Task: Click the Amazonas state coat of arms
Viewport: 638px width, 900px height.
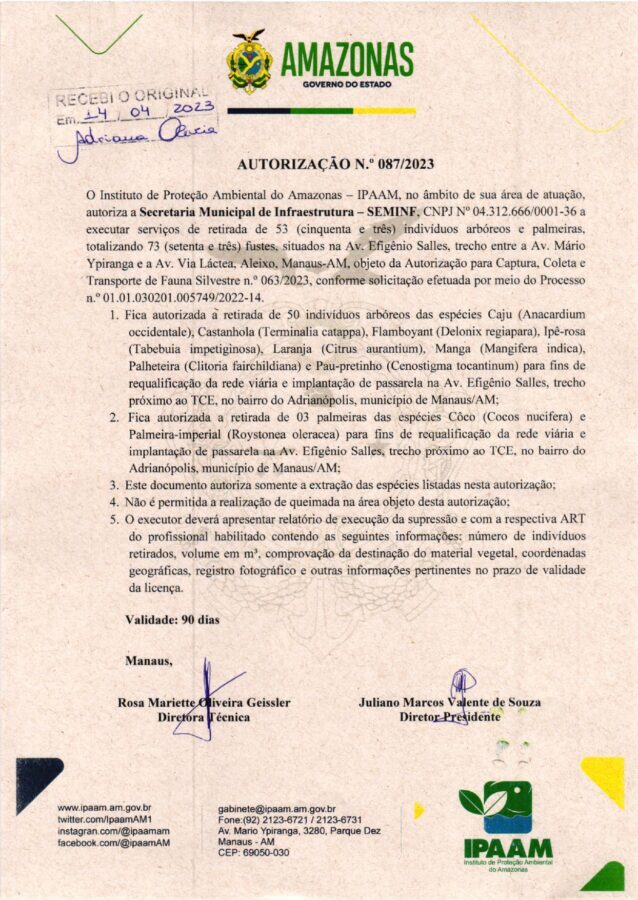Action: pos(249,63)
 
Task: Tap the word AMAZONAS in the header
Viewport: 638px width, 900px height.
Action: pos(347,58)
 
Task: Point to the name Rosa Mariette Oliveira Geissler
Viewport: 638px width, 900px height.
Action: pos(204,702)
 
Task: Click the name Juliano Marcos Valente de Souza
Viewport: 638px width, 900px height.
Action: pos(449,702)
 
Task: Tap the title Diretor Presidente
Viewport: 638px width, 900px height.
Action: pos(449,718)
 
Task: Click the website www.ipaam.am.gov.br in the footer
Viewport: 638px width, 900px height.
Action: pos(104,807)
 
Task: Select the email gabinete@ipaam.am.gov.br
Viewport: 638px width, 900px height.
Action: pos(276,808)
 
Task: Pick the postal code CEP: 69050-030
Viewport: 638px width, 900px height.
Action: pos(253,852)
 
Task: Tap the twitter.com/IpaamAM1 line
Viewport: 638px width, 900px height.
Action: pos(104,819)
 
